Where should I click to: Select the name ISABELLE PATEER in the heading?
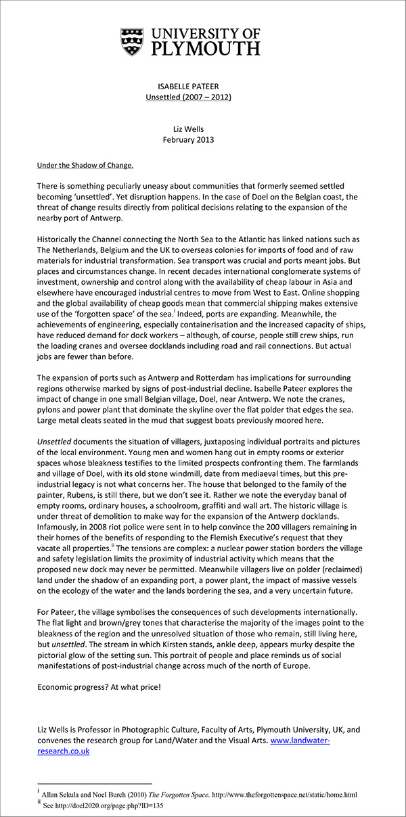pos(189,87)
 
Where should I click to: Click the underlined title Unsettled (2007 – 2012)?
pos(189,97)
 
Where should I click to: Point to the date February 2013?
pos(189,140)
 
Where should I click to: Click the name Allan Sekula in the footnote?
pos(67,795)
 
